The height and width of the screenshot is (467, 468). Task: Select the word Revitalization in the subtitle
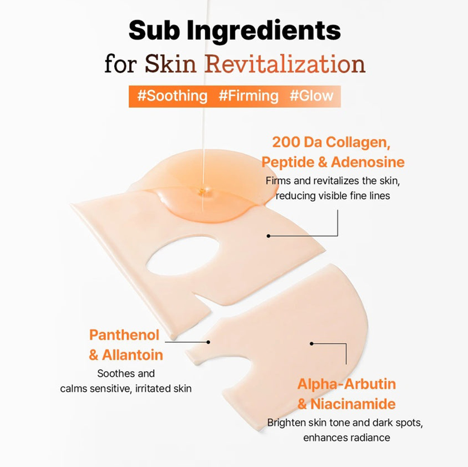pos(285,64)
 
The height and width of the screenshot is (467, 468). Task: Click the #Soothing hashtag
pos(172,96)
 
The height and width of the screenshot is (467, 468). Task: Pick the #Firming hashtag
pos(249,96)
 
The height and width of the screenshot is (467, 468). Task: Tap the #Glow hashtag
pos(311,96)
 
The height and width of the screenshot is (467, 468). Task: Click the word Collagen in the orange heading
pos(358,143)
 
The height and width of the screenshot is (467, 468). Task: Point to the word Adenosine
pos(368,162)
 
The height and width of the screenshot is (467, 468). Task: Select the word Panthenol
pos(124,335)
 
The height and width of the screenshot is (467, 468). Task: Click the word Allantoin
pos(132,355)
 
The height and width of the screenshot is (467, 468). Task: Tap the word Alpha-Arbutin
pos(346,384)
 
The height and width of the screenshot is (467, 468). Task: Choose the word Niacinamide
pos(353,404)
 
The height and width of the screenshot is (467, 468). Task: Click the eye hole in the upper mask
pos(183,256)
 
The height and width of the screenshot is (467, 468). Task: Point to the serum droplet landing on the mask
pos(202,191)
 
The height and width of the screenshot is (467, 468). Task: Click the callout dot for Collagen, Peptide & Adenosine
pos(268,236)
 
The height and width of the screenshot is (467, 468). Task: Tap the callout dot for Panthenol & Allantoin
pos(208,342)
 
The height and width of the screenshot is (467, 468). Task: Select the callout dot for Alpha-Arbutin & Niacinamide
pos(312,344)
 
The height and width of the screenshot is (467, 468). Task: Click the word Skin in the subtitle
pos(170,64)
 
